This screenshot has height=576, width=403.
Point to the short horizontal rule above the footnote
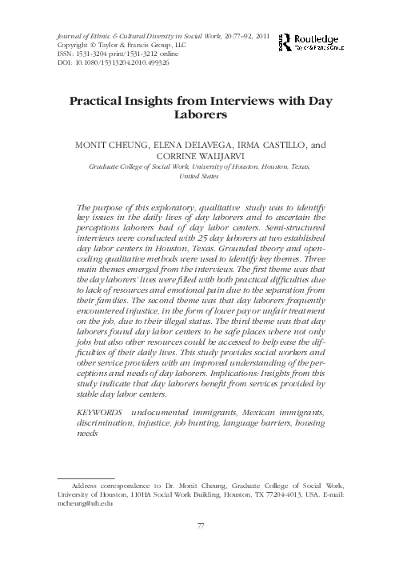pos(81,476)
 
